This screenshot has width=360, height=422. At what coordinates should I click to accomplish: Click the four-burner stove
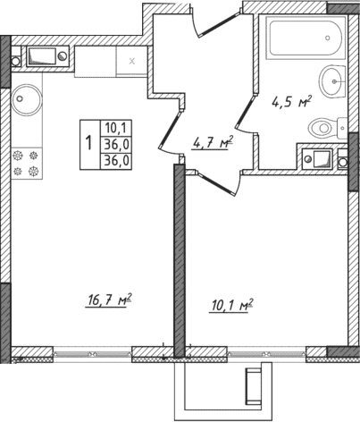point(28,162)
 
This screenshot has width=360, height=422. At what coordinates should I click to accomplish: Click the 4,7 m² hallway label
point(213,141)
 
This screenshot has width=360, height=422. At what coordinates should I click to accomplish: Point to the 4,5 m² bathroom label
point(290,102)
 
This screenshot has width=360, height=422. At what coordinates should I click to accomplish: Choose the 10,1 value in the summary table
point(114,128)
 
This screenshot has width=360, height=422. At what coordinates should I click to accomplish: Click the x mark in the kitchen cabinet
point(132,61)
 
